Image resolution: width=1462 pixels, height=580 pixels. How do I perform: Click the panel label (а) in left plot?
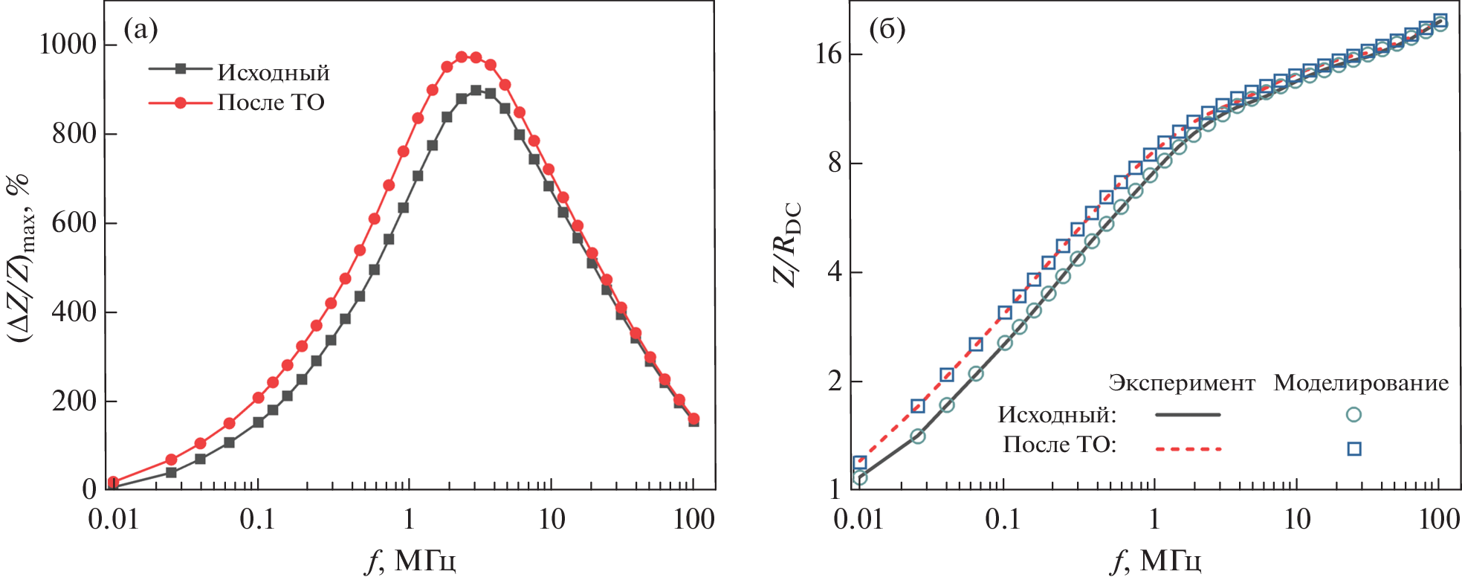140,30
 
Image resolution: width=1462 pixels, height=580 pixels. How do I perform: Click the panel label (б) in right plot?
887,30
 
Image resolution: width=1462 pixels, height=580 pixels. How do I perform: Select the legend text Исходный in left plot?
274,72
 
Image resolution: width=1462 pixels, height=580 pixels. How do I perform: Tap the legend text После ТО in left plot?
271,102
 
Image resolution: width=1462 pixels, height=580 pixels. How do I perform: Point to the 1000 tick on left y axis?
68,45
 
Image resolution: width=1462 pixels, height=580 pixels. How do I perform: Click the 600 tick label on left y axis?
74,222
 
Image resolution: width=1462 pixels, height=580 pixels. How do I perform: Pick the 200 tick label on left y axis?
74,401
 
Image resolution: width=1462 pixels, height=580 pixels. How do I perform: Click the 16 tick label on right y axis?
828,54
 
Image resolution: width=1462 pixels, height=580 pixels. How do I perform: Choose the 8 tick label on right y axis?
835,163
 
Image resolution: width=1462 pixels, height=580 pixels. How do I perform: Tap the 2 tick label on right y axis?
835,381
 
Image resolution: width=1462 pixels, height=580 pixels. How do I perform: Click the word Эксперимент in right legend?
1182,383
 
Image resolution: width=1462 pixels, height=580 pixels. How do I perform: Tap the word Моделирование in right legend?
1361,383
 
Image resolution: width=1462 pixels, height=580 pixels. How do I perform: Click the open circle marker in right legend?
1354,415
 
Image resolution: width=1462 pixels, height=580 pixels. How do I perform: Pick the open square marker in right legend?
1354,448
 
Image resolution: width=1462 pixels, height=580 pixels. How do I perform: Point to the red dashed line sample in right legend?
1188,448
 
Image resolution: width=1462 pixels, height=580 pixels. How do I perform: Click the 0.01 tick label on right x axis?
858,519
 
